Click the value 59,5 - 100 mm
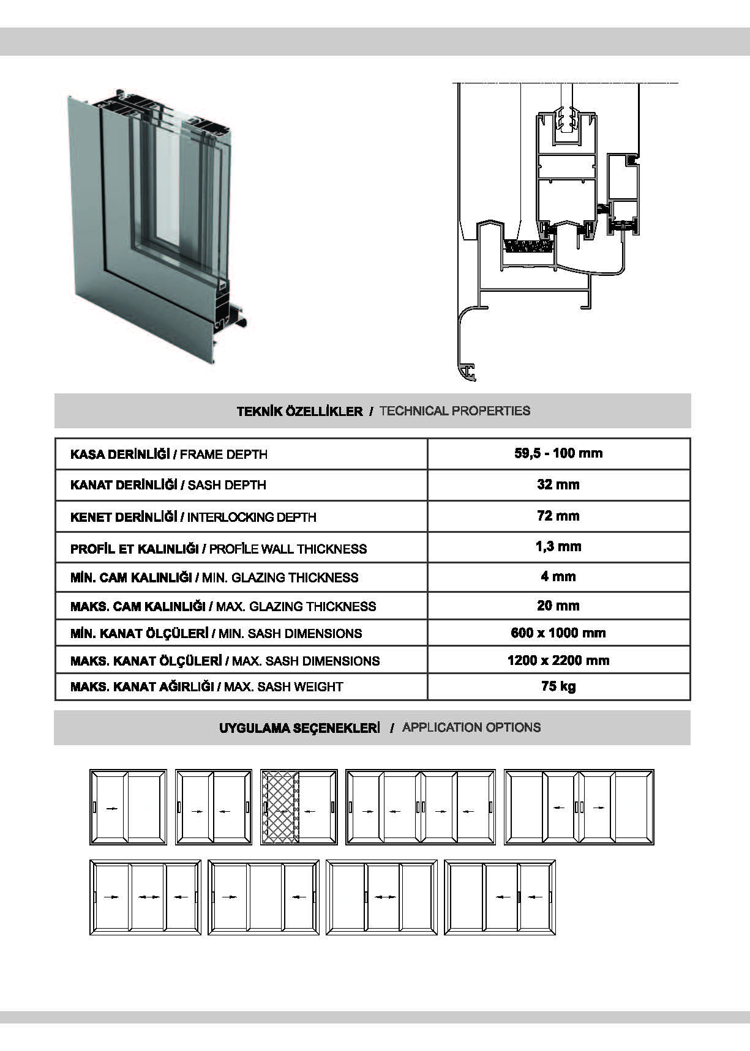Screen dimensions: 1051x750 pyautogui.click(x=558, y=453)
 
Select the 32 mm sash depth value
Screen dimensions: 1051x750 pyautogui.click(x=558, y=485)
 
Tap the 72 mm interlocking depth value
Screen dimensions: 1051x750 pyautogui.click(x=558, y=516)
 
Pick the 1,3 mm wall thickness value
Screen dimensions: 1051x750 pyautogui.click(x=558, y=546)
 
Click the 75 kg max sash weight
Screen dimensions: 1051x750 pyautogui.click(x=558, y=686)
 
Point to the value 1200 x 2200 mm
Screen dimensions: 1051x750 pyautogui.click(x=558, y=660)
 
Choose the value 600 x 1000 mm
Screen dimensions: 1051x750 pyautogui.click(x=558, y=633)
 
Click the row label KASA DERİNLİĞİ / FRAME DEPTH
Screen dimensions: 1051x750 pyautogui.click(x=169, y=454)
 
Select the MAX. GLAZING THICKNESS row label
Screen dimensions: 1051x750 pyautogui.click(x=223, y=606)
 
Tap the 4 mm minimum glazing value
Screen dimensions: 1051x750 pyautogui.click(x=558, y=576)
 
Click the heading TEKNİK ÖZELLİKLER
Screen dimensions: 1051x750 pyautogui.click(x=299, y=411)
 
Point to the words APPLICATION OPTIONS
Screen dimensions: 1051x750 pyautogui.click(x=471, y=727)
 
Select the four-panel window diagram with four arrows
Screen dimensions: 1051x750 pyautogui.click(x=420, y=807)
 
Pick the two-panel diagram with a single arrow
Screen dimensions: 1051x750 pyautogui.click(x=128, y=807)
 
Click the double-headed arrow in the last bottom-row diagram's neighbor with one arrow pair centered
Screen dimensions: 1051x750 pyautogui.click(x=384, y=897)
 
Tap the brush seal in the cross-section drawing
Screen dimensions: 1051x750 pyautogui.click(x=529, y=246)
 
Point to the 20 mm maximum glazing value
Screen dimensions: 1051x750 pyautogui.click(x=558, y=605)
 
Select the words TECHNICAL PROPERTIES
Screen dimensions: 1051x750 pyautogui.click(x=454, y=410)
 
